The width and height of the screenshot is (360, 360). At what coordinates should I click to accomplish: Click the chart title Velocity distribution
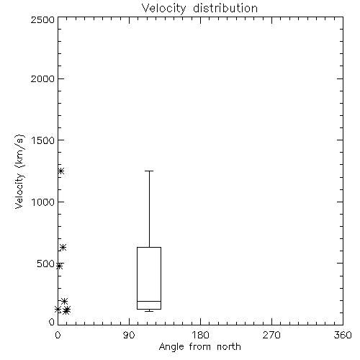[199, 9]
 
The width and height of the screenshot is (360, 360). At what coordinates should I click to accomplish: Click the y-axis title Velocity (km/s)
[19, 171]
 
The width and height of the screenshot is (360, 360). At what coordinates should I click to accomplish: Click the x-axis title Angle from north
[199, 347]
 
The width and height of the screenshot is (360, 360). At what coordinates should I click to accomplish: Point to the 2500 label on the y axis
[42, 19]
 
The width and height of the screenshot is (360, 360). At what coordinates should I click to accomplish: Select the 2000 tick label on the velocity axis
[42, 78]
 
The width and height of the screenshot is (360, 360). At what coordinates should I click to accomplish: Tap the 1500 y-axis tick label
[43, 140]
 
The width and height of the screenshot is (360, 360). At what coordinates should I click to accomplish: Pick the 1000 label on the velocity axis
[43, 202]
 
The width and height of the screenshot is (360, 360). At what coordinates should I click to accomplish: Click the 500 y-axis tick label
[46, 264]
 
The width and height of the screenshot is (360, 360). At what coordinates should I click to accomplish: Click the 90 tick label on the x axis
[129, 335]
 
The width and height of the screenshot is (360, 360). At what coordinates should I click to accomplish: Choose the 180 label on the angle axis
[200, 335]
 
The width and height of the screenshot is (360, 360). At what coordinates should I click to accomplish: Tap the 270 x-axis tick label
[271, 335]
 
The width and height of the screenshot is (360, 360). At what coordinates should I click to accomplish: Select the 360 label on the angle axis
[343, 335]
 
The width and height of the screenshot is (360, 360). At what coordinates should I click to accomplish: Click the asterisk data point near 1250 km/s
[61, 171]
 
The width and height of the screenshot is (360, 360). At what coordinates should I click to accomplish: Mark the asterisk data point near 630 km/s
[63, 247]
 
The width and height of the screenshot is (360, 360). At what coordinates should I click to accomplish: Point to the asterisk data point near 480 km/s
[60, 266]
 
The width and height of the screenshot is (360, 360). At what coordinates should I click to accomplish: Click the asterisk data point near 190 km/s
[64, 301]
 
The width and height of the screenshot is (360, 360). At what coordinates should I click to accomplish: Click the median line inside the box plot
[149, 301]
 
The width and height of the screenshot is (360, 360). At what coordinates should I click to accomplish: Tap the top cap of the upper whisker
[149, 171]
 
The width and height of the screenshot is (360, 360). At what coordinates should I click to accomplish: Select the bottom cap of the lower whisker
[149, 311]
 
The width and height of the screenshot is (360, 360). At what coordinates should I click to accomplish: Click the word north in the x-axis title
[229, 347]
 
